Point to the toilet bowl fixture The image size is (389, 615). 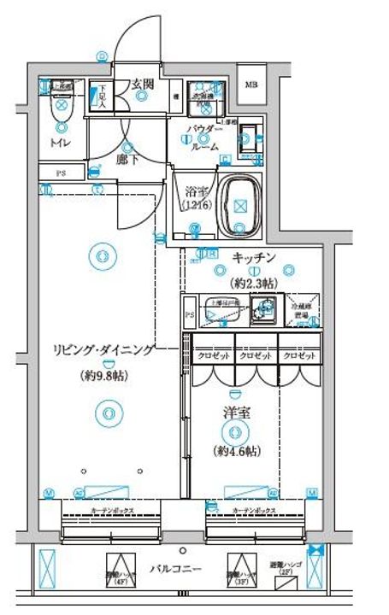pos(61,108)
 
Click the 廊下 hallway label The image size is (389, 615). pos(127,158)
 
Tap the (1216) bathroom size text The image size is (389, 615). pos(195,206)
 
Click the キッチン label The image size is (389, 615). pos(252,257)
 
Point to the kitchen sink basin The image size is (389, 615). pos(266,309)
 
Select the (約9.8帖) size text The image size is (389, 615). pos(104,375)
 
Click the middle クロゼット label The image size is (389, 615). pos(256,355)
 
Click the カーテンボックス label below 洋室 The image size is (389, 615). pos(253,510)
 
